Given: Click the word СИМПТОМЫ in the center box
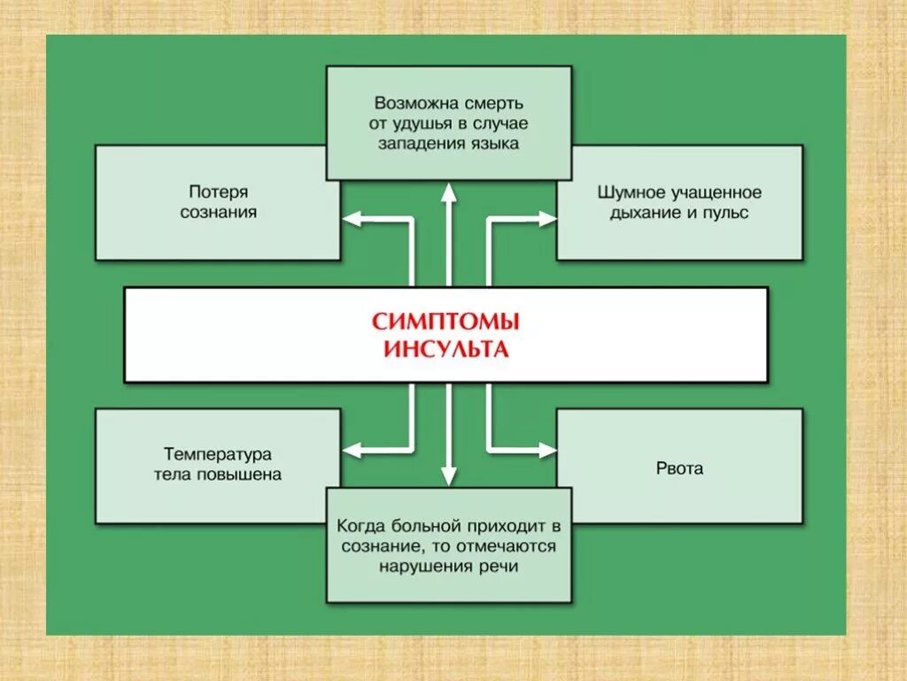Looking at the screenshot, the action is (x=445, y=320).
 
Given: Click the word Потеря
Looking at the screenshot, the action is (x=218, y=192).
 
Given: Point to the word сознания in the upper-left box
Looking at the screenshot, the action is (x=218, y=213).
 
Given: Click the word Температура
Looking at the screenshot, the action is (x=218, y=453).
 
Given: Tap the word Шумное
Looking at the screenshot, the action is (x=629, y=192).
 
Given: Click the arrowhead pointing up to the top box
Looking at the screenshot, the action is (x=449, y=190).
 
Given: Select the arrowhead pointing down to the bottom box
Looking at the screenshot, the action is (x=449, y=476).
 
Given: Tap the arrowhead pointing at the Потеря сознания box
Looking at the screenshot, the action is (x=352, y=215).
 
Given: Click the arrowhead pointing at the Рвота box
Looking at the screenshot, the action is (x=547, y=450).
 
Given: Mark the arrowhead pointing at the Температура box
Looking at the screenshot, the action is (x=352, y=450).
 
